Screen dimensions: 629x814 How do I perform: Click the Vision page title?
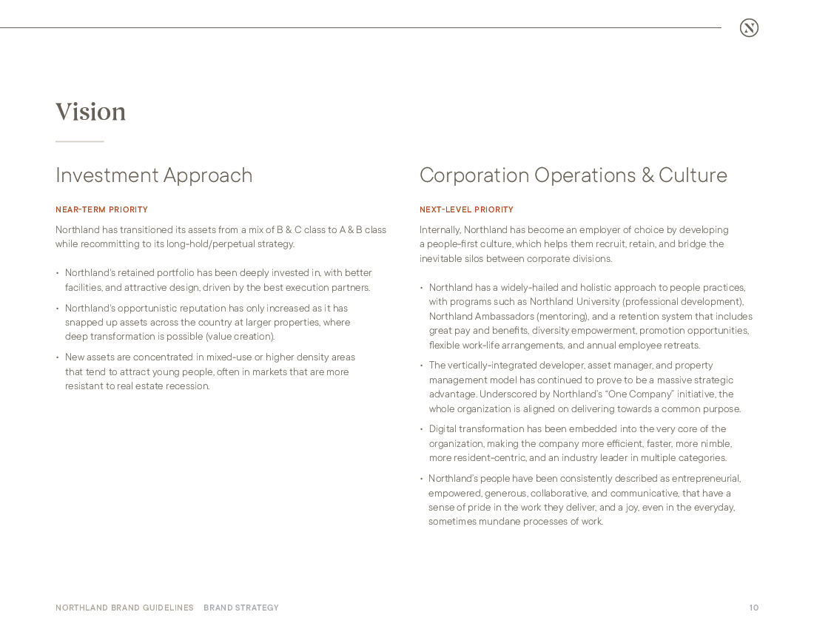pos(90,112)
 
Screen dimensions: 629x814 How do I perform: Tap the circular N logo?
pos(749,28)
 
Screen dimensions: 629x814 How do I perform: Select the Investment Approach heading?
pos(154,175)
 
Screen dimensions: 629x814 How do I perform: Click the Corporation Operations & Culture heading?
pos(573,175)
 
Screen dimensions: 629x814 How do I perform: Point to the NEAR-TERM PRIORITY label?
pos(101,210)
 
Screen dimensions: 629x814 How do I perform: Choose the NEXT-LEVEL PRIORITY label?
pos(466,210)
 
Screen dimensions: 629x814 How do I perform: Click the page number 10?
pos(753,608)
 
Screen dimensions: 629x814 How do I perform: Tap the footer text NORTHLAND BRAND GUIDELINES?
pos(124,608)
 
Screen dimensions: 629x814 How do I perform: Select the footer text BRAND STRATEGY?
pos(241,608)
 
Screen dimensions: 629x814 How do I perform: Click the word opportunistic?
pos(140,309)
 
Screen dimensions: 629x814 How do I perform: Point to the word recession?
pos(189,386)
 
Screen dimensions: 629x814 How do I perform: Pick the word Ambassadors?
pos(503,317)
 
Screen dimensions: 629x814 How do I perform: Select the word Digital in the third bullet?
pos(443,429)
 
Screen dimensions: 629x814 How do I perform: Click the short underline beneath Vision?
pos(79,141)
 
